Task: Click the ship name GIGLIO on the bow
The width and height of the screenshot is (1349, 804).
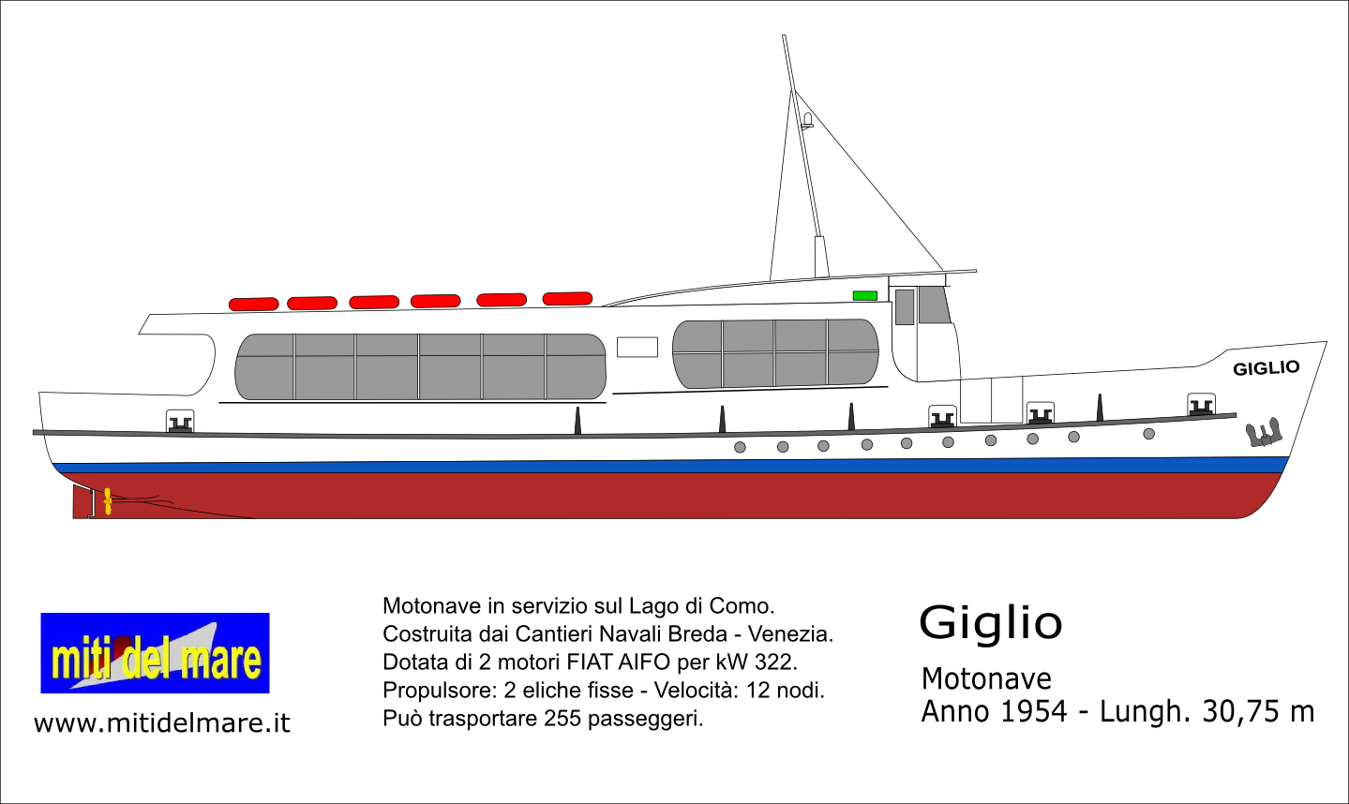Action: coord(1266,367)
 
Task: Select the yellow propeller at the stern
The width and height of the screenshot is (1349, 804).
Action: coord(108,501)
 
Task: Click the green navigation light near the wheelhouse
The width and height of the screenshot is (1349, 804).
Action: coord(865,295)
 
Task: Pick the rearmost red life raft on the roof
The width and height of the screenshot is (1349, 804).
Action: coord(253,304)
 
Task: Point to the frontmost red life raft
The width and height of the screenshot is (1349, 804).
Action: coord(567,299)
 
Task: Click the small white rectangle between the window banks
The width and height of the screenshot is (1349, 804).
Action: coord(637,348)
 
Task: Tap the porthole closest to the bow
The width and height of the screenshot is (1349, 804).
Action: coord(1148,434)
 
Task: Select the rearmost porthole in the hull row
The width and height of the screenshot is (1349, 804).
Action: coord(741,447)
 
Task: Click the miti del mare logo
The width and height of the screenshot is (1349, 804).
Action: coord(155,653)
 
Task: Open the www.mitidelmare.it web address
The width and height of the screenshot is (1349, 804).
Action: coord(162,722)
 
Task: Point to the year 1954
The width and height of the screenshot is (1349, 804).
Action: coord(1033,712)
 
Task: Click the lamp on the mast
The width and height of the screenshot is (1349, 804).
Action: coord(807,120)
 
